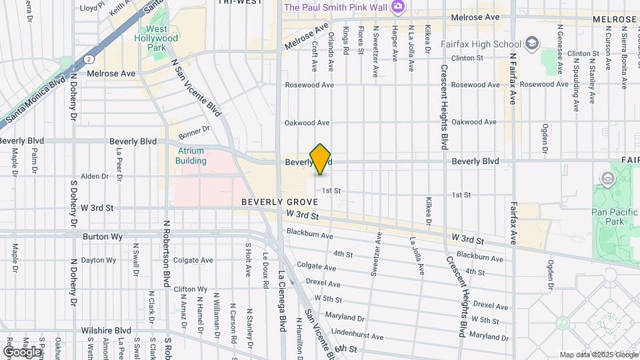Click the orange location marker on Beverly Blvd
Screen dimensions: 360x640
(321, 159)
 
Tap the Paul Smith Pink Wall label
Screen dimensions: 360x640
(337, 7)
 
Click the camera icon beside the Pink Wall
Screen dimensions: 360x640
(398, 7)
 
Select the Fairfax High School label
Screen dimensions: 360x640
(481, 44)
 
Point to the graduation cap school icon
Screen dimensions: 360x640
(532, 44)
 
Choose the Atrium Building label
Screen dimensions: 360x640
(191, 155)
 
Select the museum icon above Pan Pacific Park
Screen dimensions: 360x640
(607, 179)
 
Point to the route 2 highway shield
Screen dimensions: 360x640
(89, 59)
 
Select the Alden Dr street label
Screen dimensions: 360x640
(94, 176)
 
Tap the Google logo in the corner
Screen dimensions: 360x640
(21, 351)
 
